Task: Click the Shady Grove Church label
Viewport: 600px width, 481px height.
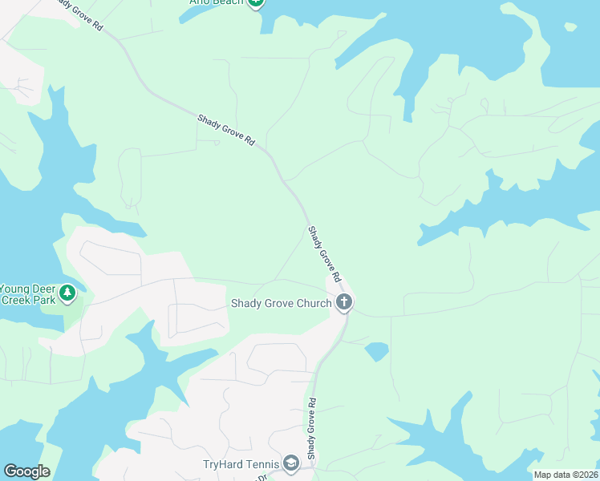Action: tap(281, 303)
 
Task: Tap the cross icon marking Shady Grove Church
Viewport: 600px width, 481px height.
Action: tap(343, 302)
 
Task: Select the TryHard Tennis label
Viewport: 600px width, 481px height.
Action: tap(241, 464)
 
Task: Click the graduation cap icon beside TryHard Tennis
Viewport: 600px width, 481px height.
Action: tap(290, 463)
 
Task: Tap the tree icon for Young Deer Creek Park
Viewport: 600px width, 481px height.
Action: tap(68, 292)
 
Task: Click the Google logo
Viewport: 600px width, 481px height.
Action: tap(26, 471)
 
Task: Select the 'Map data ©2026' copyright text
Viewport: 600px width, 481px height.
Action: tap(566, 475)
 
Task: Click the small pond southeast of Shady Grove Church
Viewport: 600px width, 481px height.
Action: tap(376, 351)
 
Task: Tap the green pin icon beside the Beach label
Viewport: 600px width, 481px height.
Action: tap(256, 2)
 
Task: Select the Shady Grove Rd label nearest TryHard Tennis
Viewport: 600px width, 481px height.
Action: tap(312, 426)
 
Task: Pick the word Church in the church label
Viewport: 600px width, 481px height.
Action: tap(312, 303)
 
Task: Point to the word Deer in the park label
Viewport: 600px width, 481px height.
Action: tap(45, 289)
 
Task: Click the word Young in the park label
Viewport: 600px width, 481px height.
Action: tap(15, 289)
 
